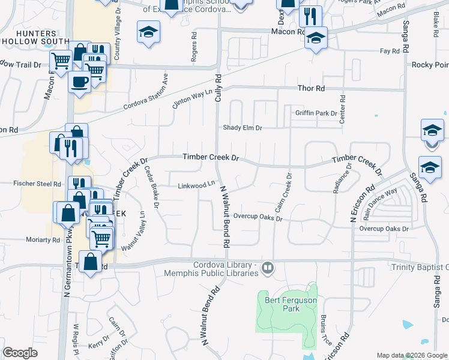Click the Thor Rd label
pyautogui.click(x=311, y=89)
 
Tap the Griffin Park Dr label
pyautogui.click(x=316, y=113)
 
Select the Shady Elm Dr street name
pyautogui.click(x=243, y=128)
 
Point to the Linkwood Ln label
pyautogui.click(x=196, y=185)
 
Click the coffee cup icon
pyautogui.click(x=79, y=82)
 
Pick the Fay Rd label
pyautogui.click(x=390, y=52)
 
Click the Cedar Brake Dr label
pyautogui.click(x=151, y=187)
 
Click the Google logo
pyautogui.click(x=20, y=353)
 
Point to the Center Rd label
pyautogui.click(x=342, y=110)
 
